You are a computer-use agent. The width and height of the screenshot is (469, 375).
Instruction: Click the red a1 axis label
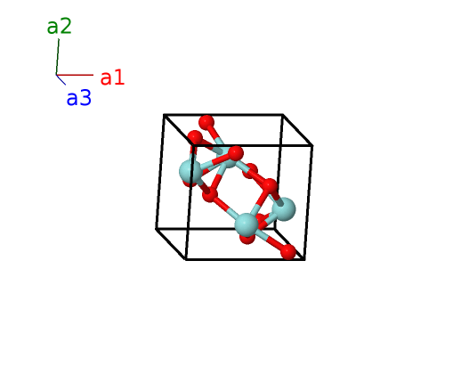click(112, 77)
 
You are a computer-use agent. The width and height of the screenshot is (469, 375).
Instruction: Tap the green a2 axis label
click(60, 26)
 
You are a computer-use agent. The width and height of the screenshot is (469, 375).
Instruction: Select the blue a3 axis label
click(78, 98)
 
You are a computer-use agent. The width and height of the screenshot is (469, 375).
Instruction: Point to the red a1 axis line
click(75, 75)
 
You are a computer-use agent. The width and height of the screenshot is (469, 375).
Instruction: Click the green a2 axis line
click(58, 57)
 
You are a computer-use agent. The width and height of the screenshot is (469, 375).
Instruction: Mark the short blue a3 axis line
click(61, 79)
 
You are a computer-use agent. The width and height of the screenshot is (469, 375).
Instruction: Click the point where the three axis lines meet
click(56, 75)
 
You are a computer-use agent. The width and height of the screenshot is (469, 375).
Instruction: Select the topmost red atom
click(206, 122)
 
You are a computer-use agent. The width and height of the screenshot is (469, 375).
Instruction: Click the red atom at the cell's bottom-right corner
click(288, 252)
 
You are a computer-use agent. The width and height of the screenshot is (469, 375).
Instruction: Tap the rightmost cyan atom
click(284, 209)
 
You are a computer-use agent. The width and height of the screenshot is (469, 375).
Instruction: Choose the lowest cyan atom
click(247, 224)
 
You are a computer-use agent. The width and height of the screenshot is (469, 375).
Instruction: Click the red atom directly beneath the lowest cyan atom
click(247, 238)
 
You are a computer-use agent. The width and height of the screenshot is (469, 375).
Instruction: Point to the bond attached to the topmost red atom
click(215, 135)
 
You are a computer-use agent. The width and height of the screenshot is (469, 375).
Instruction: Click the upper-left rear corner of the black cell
click(164, 114)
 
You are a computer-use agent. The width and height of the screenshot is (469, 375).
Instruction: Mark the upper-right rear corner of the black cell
click(283, 114)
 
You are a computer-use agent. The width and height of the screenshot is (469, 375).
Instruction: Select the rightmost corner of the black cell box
click(312, 146)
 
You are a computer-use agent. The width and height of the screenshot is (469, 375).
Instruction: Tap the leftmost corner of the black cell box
click(156, 229)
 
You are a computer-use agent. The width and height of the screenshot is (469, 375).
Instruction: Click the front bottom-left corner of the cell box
click(186, 259)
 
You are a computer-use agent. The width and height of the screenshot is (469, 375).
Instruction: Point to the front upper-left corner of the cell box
click(193, 146)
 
